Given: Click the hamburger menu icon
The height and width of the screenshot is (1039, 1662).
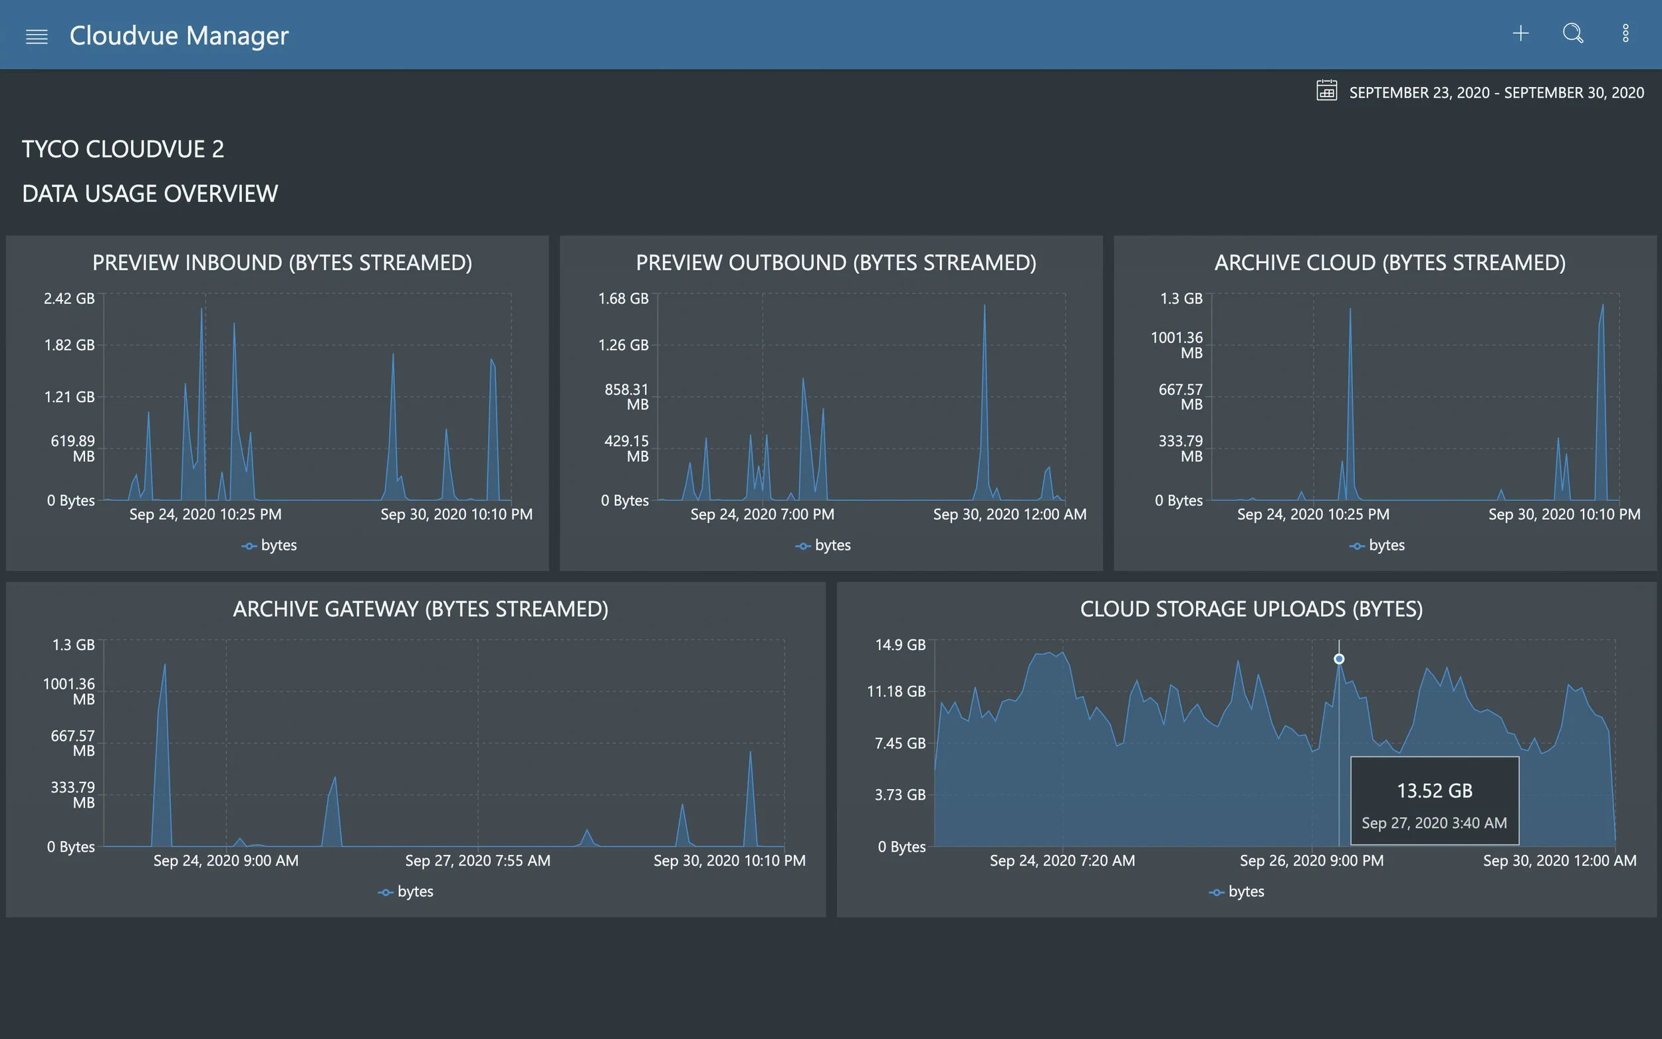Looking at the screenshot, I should (x=37, y=37).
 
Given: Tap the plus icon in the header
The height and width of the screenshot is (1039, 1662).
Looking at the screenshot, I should (x=1520, y=33).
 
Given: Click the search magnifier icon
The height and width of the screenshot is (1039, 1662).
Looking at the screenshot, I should (x=1573, y=33).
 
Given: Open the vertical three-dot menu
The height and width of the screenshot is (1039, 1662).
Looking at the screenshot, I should (x=1625, y=33).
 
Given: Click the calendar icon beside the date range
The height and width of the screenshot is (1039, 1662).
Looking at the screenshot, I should (x=1326, y=90).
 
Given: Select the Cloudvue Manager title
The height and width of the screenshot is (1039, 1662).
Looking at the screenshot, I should (x=179, y=36).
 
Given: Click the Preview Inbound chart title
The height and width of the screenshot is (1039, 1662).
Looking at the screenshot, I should (x=282, y=263).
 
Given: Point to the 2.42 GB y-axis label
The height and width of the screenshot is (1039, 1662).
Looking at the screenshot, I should (x=68, y=298).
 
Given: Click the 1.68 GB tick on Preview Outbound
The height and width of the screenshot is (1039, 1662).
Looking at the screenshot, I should (x=622, y=298).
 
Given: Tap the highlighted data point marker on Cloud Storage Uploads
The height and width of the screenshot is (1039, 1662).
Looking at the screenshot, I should (x=1339, y=659).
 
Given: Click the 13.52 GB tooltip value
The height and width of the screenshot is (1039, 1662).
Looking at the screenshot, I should (x=1435, y=791).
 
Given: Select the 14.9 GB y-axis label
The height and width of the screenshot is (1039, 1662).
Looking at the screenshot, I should (x=900, y=645).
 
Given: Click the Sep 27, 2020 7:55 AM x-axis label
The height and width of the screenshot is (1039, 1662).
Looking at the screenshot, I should (x=477, y=860).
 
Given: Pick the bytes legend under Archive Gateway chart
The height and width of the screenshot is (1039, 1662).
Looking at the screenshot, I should (x=406, y=891).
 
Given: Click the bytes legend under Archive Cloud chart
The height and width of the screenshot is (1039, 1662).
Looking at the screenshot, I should (x=1377, y=545).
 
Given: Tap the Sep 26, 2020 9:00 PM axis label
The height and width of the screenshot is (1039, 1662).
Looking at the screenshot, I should (x=1312, y=860).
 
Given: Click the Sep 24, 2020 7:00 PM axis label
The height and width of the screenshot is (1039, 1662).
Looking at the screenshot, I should (x=762, y=514).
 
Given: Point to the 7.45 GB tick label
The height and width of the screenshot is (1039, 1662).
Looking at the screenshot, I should (x=900, y=743).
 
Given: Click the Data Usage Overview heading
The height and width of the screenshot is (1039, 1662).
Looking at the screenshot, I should (x=150, y=194).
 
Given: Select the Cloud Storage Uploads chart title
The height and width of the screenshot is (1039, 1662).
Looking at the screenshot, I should (x=1251, y=609).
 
